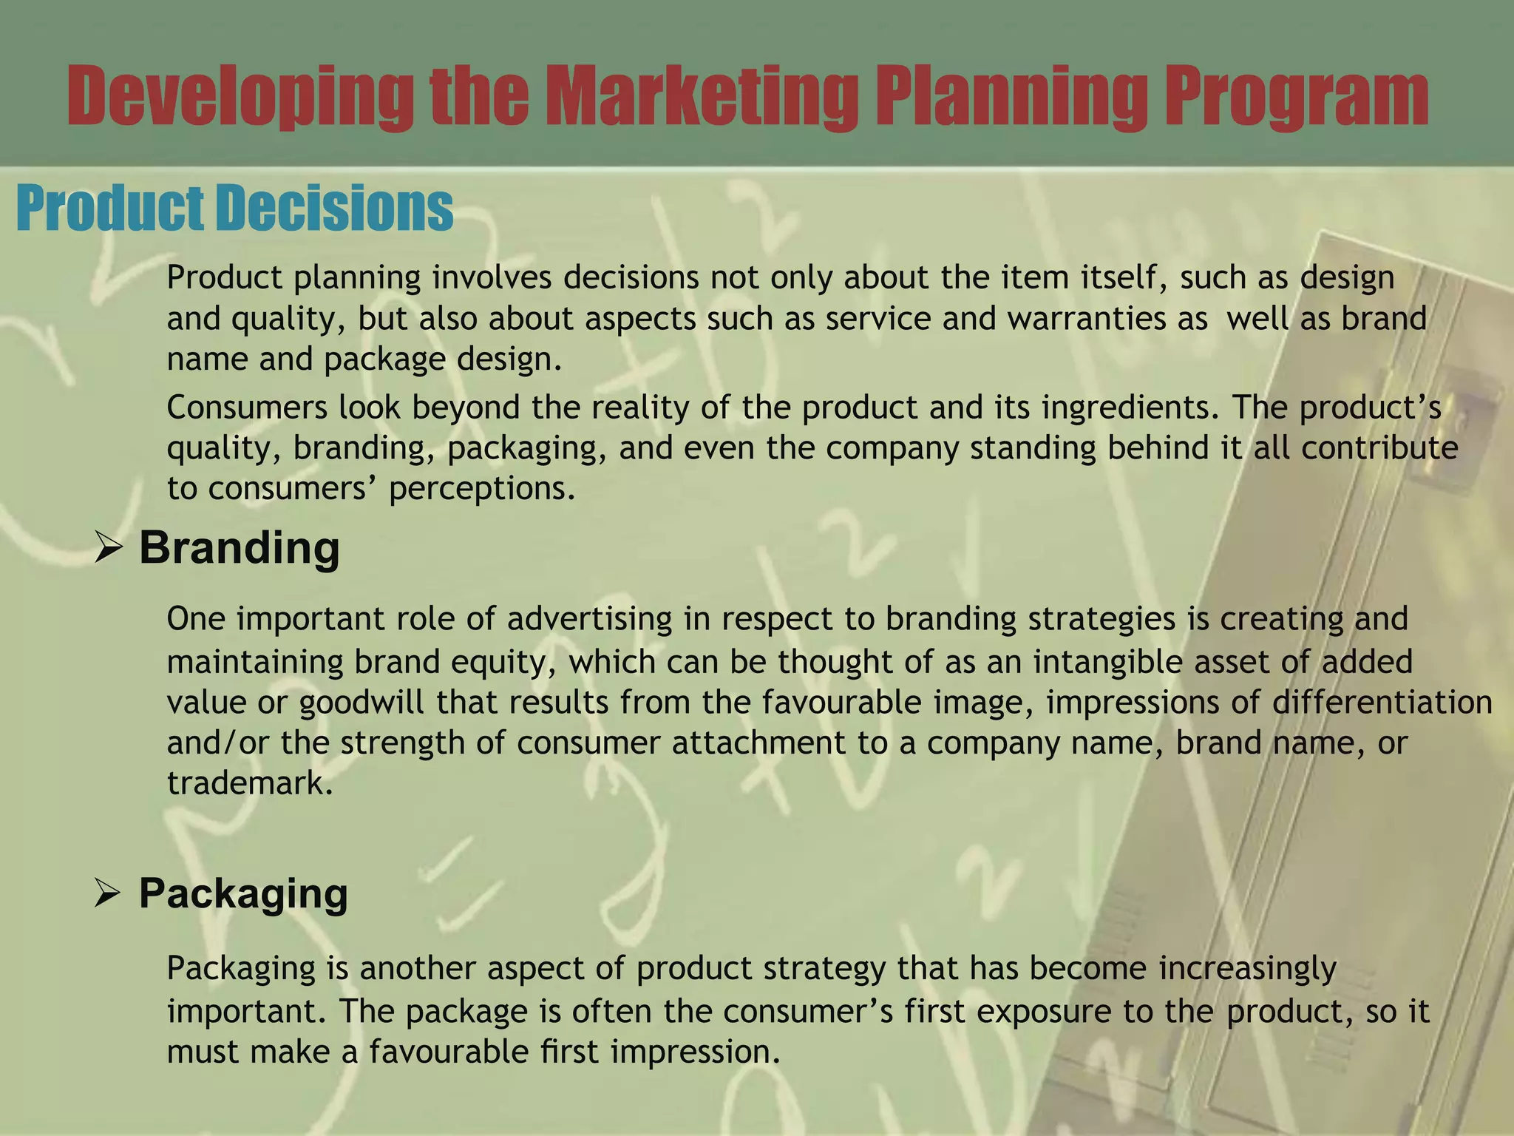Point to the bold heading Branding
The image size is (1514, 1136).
click(x=240, y=548)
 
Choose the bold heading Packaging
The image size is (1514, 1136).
click(x=243, y=893)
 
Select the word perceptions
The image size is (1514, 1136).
click(x=482, y=489)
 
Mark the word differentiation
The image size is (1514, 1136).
click(x=1382, y=702)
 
